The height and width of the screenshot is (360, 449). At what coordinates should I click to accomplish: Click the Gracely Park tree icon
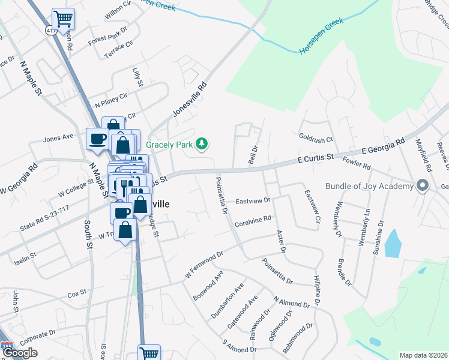coord(203,143)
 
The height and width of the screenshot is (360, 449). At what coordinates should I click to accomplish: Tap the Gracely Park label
coord(171,145)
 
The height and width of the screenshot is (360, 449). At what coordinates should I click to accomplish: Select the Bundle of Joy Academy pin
coord(421,185)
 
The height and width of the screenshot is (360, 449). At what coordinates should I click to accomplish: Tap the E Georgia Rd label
coord(382,148)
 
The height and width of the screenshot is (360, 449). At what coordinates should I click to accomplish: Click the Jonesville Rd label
coord(190,100)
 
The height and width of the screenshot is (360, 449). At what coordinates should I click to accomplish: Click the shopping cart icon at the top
coord(63,18)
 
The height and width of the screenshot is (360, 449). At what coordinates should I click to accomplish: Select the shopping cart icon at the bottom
coord(149,353)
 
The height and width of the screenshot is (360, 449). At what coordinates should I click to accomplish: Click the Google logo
coord(20,353)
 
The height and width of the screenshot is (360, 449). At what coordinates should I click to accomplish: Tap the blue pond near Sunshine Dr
coord(392,243)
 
